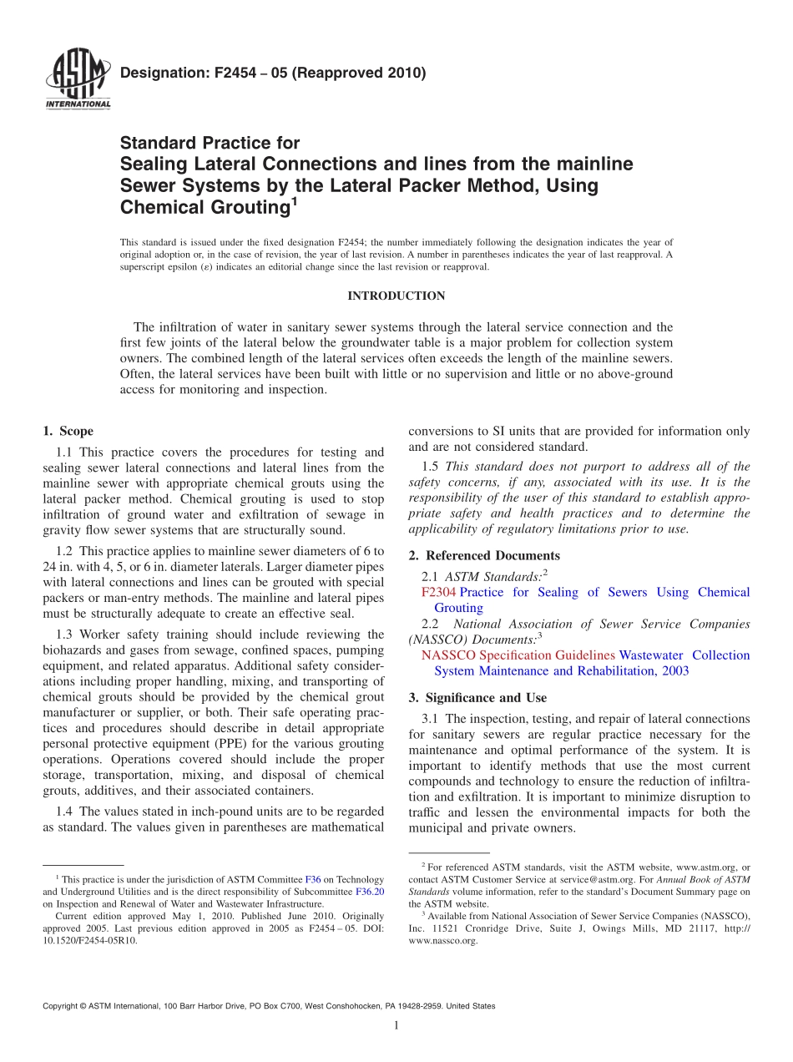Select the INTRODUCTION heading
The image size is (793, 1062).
[396, 296]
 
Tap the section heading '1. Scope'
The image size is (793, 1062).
[68, 431]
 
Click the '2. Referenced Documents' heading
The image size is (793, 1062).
[484, 555]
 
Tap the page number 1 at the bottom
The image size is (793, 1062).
[396, 1025]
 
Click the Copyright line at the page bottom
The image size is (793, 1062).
[268, 1006]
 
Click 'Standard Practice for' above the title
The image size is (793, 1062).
[210, 143]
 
